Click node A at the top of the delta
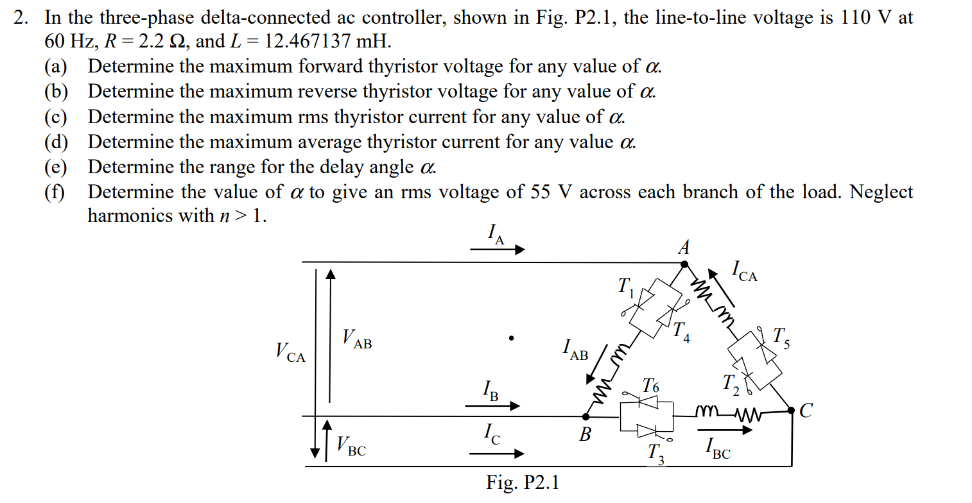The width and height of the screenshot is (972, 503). point(684,263)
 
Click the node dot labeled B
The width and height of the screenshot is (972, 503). point(586,416)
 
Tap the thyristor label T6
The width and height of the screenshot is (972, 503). point(650,386)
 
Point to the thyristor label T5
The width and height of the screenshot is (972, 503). point(781,337)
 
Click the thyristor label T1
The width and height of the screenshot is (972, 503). point(625,287)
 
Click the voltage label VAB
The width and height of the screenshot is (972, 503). point(357,338)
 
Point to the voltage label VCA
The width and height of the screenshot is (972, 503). point(290,352)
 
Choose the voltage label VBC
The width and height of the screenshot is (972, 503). point(351,446)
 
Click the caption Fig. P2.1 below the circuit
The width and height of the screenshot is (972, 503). point(522,482)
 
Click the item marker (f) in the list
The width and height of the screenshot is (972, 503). point(55,192)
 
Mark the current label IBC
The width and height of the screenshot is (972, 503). point(718,449)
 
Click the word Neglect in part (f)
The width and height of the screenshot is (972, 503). point(881,192)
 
